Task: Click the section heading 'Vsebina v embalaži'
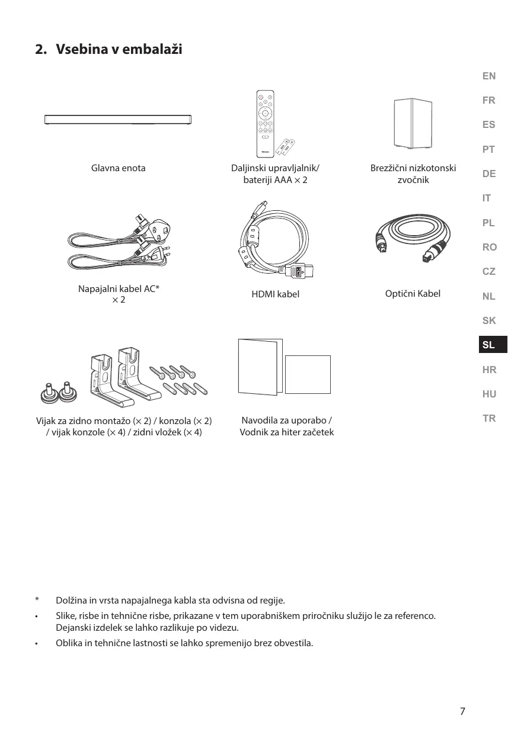pos(119,49)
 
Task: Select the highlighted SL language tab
pos(489,345)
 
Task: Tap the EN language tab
pos(489,76)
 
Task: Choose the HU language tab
pos(489,394)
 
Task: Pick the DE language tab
pos(489,174)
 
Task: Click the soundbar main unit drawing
pos(119,119)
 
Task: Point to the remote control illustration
pos(266,124)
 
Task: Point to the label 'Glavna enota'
pos(118,168)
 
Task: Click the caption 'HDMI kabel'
pos(275,294)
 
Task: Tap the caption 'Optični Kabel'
pos(413,294)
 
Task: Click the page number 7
pos(462,711)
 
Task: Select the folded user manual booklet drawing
pos(260,367)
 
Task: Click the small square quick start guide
pos(308,374)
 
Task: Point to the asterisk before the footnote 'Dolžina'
pos(37,601)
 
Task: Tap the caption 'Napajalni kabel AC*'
pos(119,289)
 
